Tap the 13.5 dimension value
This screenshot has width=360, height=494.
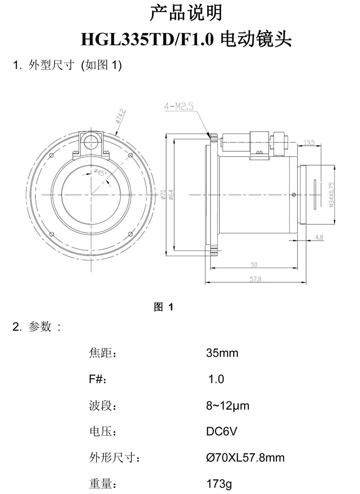coord(309,142)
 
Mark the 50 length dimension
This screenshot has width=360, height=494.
coord(254,264)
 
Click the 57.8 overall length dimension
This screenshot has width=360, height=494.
coord(254,279)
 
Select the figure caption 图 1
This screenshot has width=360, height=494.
coord(164,307)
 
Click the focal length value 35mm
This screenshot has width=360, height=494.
coord(222,353)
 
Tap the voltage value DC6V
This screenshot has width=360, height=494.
coord(221,431)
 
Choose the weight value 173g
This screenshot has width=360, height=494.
coord(219,484)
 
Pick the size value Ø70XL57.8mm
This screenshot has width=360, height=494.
coord(245,458)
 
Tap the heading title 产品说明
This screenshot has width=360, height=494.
coord(185,13)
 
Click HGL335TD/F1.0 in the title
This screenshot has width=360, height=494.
coord(148,40)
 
